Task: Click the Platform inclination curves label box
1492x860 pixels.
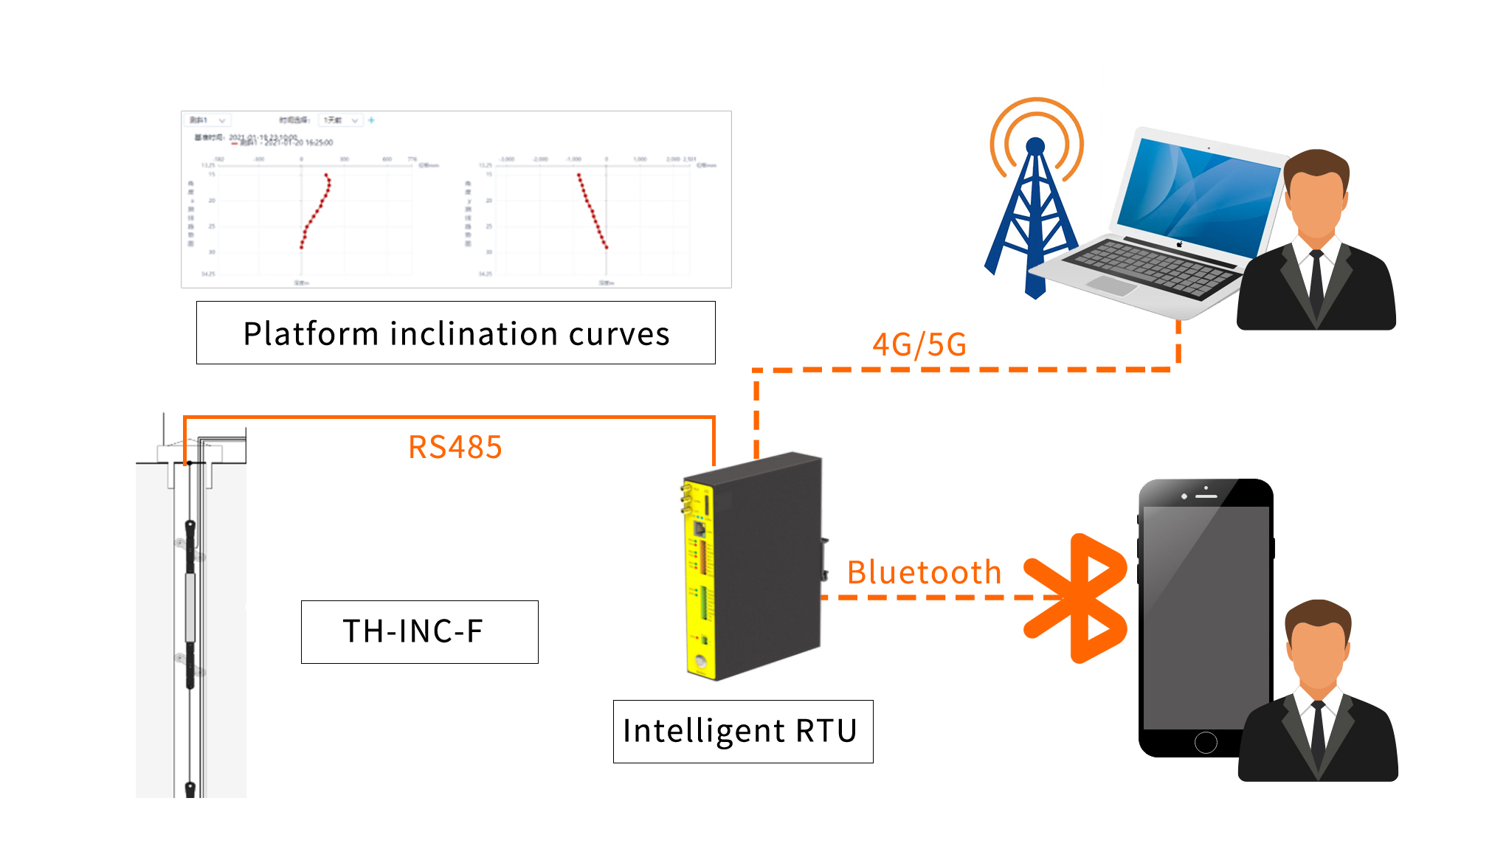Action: (455, 333)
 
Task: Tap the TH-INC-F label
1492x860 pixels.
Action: (419, 631)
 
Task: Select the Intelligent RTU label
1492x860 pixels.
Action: (742, 731)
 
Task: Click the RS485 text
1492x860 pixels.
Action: (455, 447)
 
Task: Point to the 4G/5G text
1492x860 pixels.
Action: (919, 344)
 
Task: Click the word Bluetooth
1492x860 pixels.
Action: (924, 572)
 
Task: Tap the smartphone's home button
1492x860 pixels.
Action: (1205, 742)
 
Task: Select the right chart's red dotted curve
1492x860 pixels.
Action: (592, 210)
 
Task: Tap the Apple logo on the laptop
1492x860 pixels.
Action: (1179, 244)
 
